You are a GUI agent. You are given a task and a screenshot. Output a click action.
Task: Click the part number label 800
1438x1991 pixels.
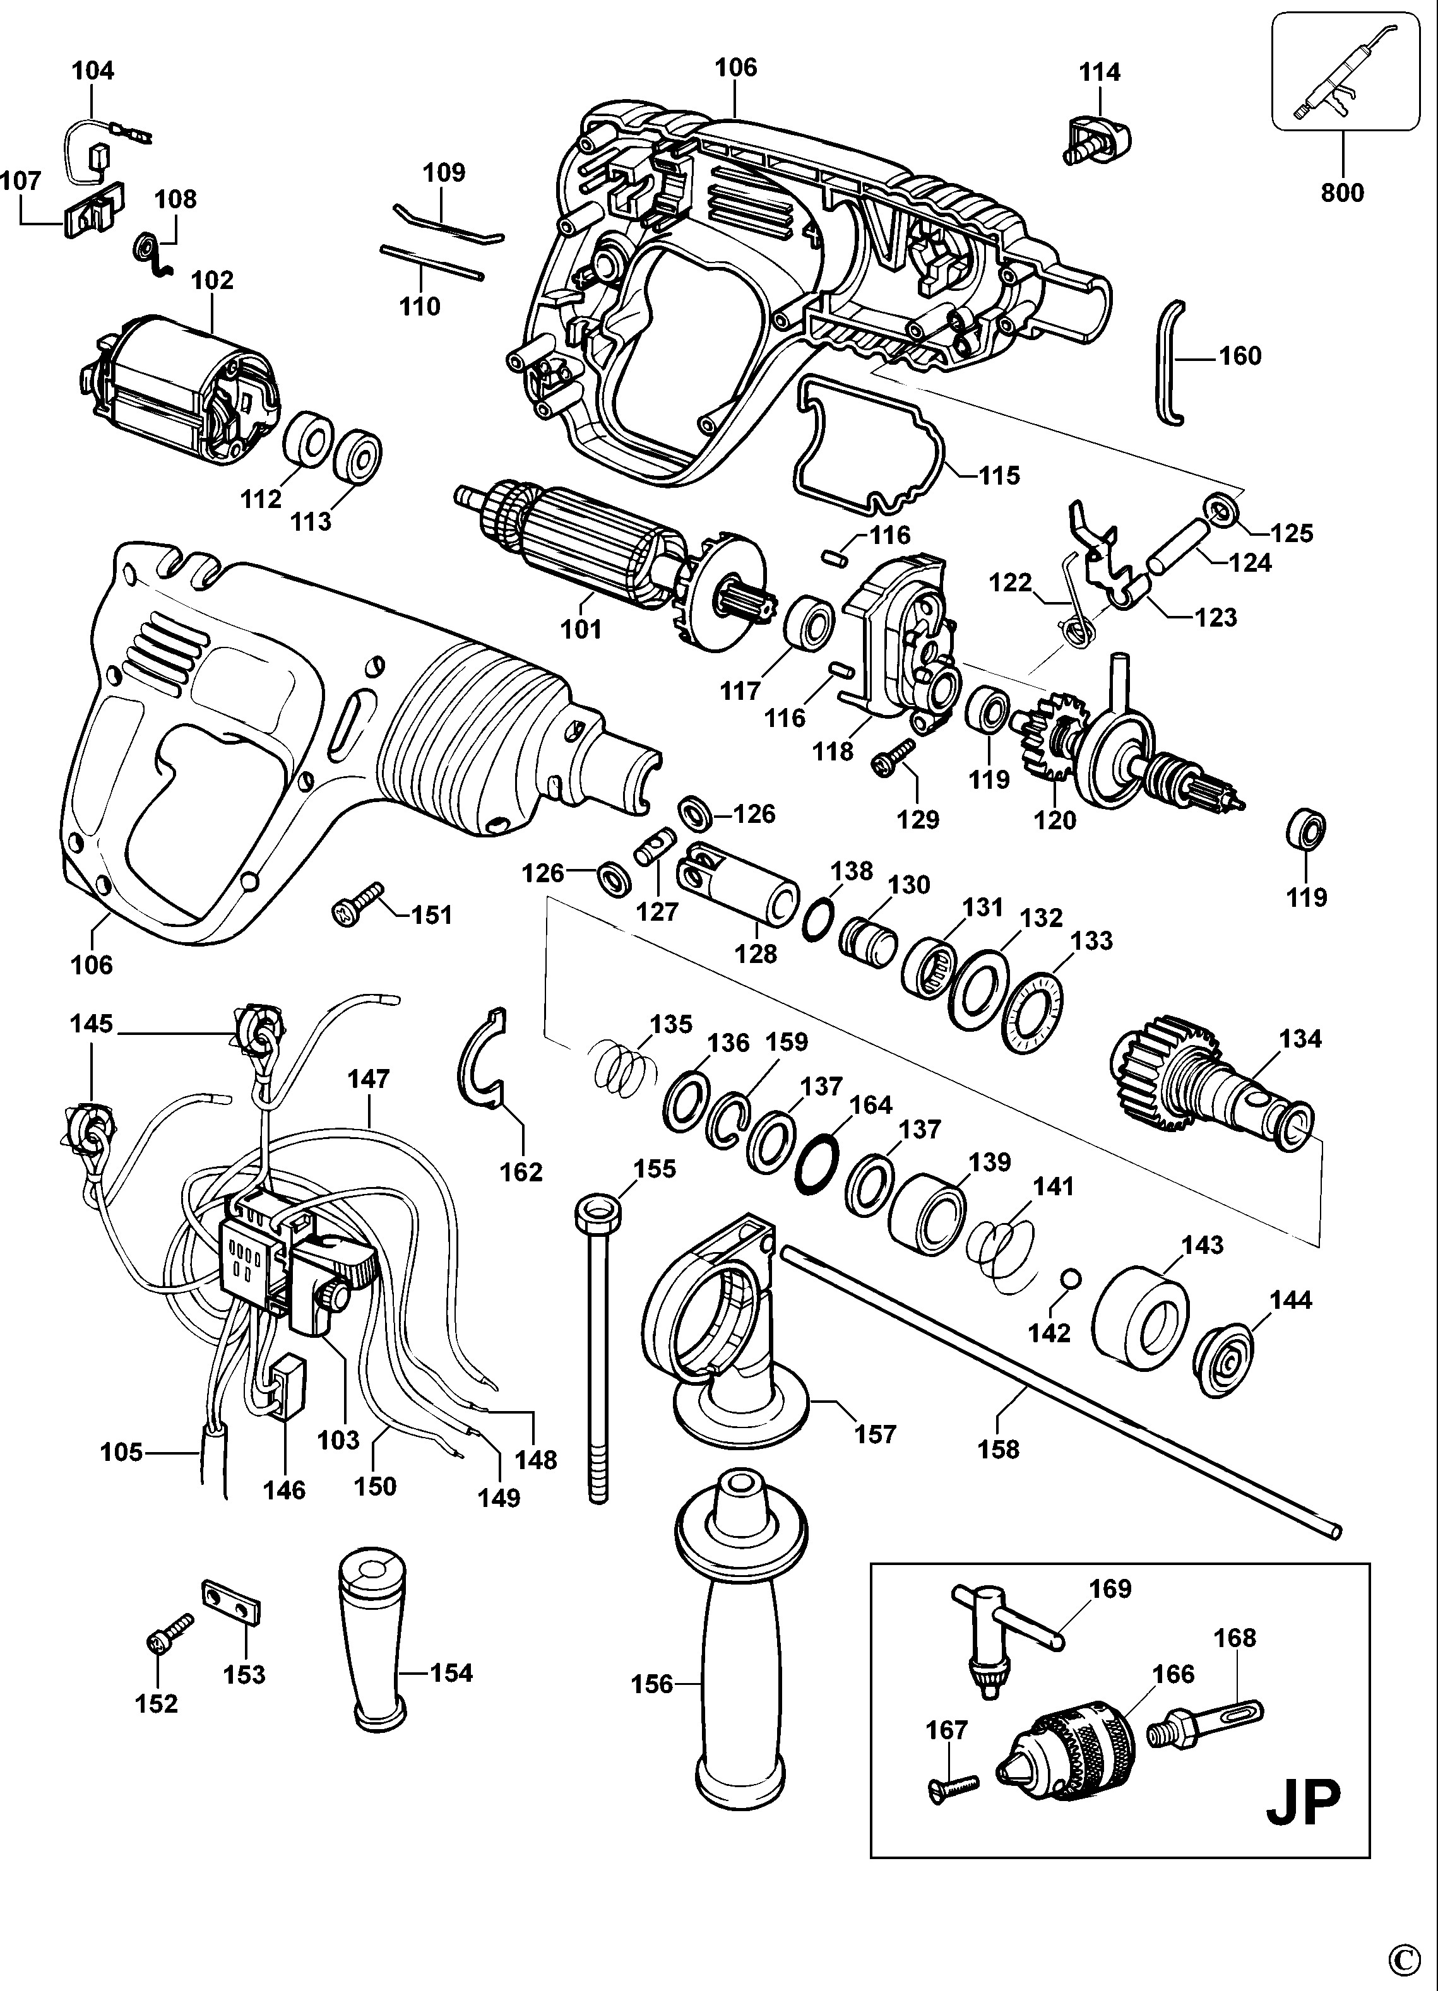(1342, 192)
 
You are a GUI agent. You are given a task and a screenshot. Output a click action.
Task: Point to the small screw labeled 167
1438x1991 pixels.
(952, 1784)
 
